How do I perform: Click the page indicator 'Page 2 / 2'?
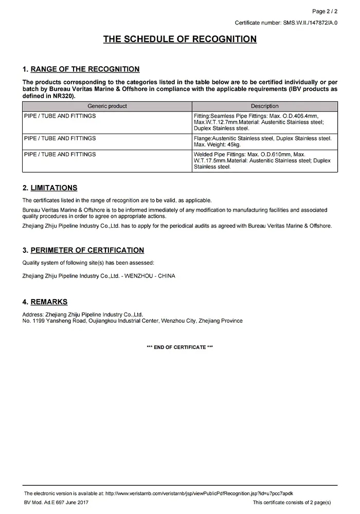(325, 11)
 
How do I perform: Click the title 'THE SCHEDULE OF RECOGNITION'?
(180, 39)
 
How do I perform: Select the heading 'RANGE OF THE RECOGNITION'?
(85, 69)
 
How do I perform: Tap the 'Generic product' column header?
(107, 106)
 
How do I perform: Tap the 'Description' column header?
(264, 106)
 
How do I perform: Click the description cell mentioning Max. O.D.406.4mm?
(264, 122)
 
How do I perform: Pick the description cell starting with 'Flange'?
(264, 141)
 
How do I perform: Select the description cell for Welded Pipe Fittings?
(264, 160)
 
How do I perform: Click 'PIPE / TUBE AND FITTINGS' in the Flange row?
(60, 138)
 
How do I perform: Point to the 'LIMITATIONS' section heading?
(54, 188)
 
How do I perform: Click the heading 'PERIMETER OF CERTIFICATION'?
(87, 250)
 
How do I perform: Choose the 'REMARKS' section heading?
(49, 302)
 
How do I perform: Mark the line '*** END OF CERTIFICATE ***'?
(180, 347)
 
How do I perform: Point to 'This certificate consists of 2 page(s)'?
(292, 502)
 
